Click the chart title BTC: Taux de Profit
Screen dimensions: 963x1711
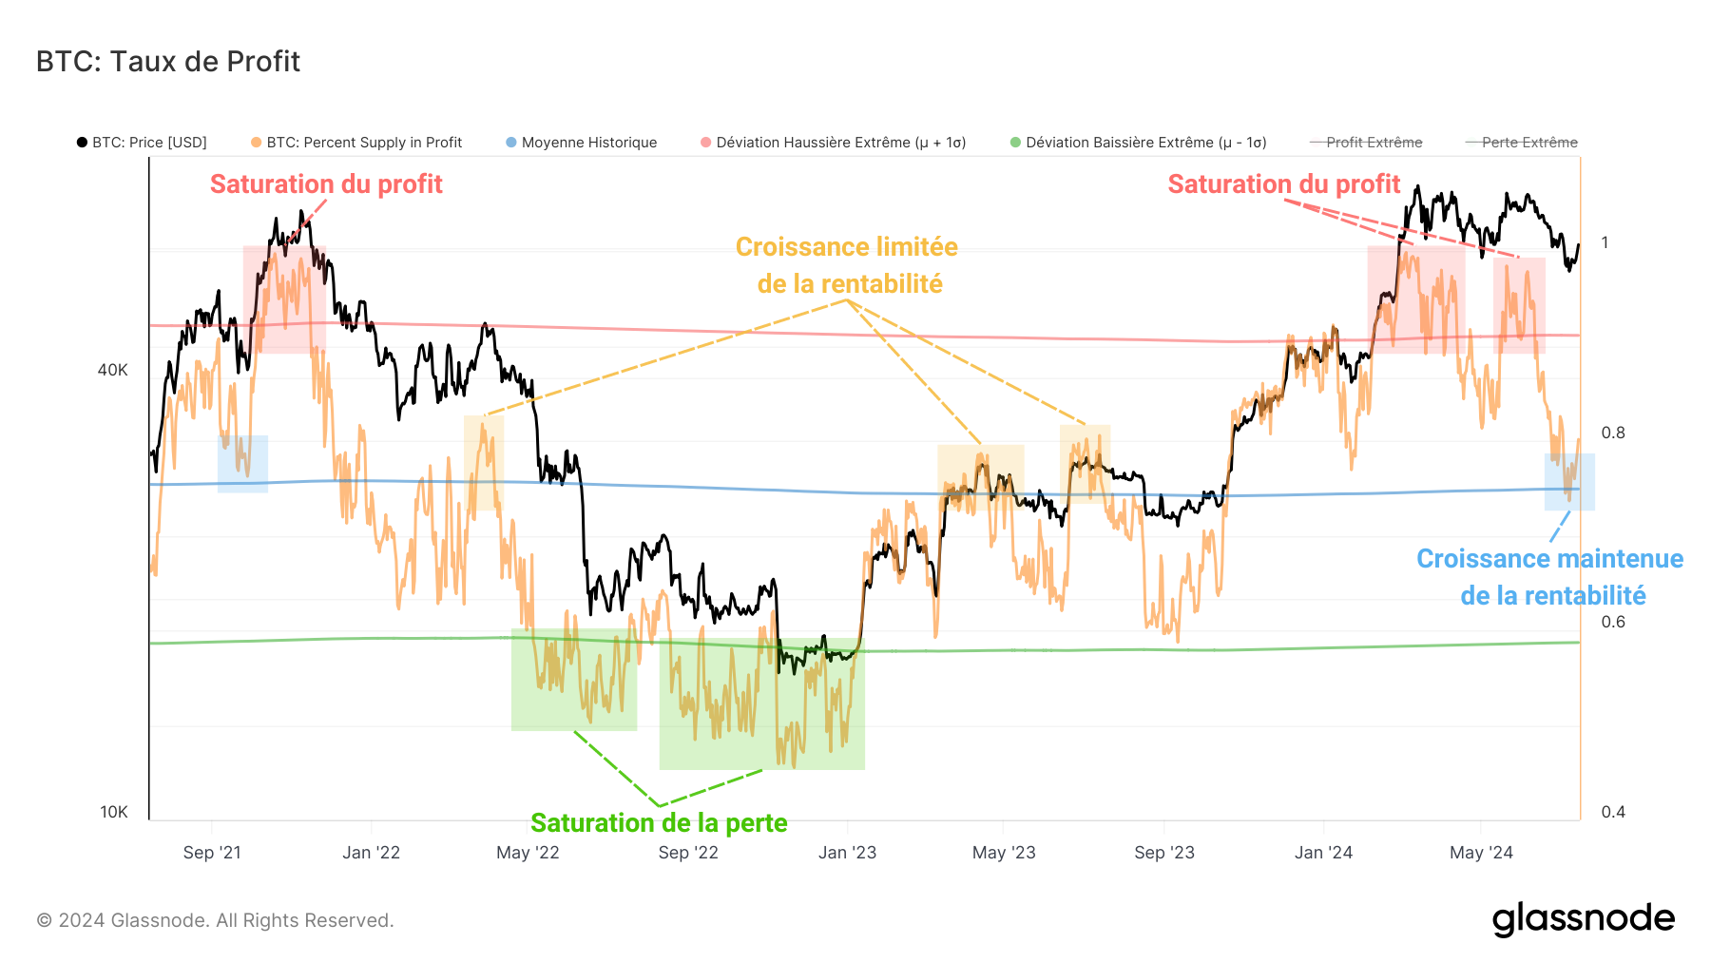coord(168,62)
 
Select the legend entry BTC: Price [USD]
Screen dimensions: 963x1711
coord(143,143)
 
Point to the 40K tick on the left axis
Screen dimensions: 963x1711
coord(112,370)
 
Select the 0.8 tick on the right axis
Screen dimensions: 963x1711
coord(1613,433)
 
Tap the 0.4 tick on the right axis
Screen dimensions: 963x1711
coord(1613,812)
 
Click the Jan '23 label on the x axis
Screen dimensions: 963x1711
coord(847,853)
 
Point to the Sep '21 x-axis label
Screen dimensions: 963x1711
coord(212,853)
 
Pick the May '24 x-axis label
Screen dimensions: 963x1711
coord(1481,853)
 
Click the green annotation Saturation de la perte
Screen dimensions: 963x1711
coord(659,822)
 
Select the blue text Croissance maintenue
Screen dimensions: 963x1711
coord(1549,559)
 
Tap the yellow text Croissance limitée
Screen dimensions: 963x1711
coord(846,247)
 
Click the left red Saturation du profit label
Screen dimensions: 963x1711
coord(326,184)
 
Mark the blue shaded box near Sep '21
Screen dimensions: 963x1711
coord(242,464)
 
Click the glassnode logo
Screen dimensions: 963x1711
coord(1583,919)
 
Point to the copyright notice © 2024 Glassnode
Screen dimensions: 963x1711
coord(215,920)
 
